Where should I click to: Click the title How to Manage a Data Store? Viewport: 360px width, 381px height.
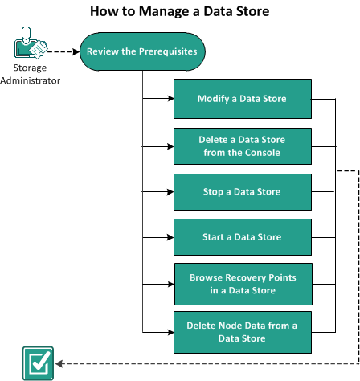click(x=179, y=12)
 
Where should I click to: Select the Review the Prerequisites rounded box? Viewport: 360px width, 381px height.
click(x=141, y=52)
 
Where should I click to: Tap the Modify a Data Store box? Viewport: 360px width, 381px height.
click(x=242, y=99)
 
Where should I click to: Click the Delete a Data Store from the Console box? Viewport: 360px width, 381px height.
click(x=242, y=145)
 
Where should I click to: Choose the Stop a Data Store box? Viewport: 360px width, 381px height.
click(x=242, y=193)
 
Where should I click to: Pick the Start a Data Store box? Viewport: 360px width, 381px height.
click(x=242, y=237)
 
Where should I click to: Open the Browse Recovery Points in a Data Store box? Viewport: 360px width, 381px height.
click(x=242, y=283)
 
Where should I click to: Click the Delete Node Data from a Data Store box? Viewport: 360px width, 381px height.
click(x=242, y=331)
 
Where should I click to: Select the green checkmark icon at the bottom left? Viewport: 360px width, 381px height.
click(x=37, y=363)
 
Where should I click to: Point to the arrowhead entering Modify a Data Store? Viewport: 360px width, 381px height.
click(x=171, y=99)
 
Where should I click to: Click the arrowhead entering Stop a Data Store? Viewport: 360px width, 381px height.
click(x=171, y=193)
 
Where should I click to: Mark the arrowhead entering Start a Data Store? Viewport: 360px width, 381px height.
click(x=171, y=237)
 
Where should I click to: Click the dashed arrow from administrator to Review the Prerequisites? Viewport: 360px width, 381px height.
click(x=60, y=52)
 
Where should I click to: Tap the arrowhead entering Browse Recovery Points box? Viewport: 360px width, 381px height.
click(x=171, y=283)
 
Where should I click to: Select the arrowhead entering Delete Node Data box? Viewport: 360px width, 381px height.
click(x=171, y=331)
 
